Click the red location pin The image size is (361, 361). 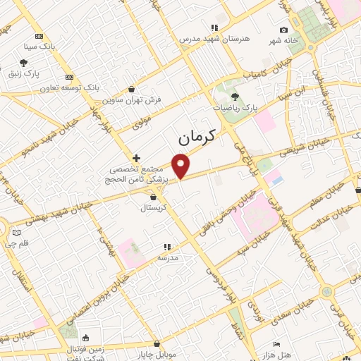[x=181, y=165]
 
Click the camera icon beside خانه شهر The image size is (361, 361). [x=283, y=30]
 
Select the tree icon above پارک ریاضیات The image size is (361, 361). [x=235, y=97]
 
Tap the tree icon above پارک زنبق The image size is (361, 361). [x=23, y=63]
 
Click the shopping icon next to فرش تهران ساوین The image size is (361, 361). [x=132, y=90]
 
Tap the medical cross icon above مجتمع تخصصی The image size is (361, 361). [x=136, y=157]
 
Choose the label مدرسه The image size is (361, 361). [x=167, y=258]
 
